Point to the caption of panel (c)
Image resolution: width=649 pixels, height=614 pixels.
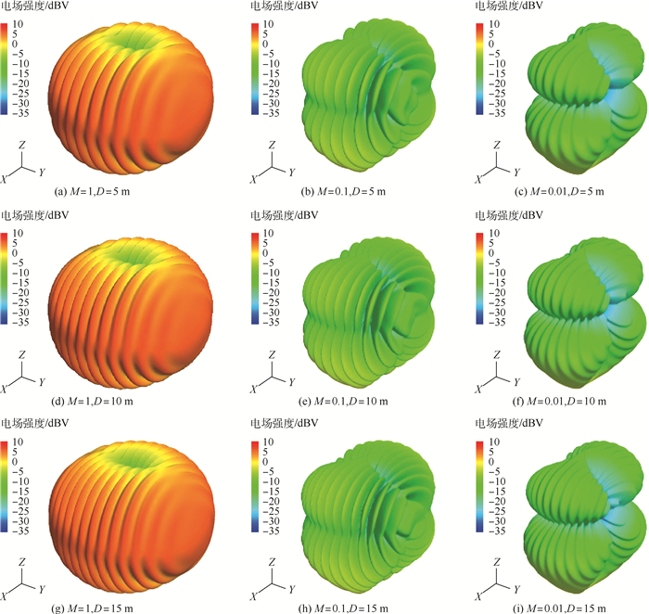pos(565,192)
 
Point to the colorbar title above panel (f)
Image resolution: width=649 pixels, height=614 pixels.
pos(520,215)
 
